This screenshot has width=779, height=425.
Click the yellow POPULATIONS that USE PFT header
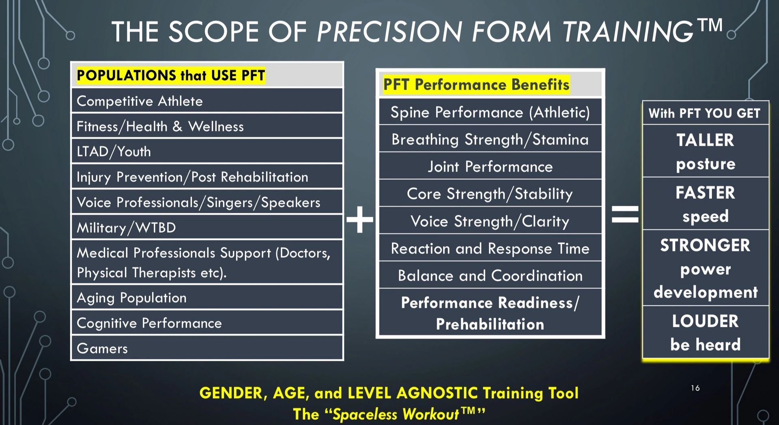[x=171, y=76]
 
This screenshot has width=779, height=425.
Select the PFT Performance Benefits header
[x=476, y=84]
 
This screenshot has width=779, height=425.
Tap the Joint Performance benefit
[x=490, y=167]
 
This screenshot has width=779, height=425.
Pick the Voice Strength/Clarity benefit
[x=490, y=222]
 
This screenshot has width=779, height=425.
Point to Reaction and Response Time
[x=490, y=248]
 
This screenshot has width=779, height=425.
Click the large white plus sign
[x=360, y=220]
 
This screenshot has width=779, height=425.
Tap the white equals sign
[x=625, y=214]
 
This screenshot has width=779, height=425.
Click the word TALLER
[x=705, y=140]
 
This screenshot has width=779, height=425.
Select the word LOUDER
[x=705, y=321]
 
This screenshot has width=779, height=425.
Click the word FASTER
[x=705, y=193]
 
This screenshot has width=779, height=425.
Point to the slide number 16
[x=695, y=388]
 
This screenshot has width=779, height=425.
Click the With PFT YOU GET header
[x=704, y=113]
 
